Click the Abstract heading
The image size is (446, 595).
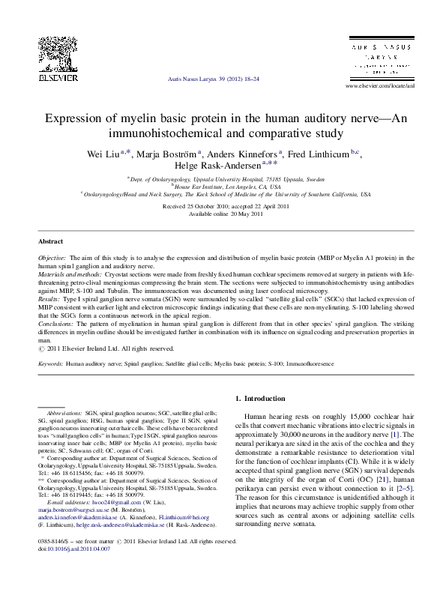[x=51, y=242]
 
